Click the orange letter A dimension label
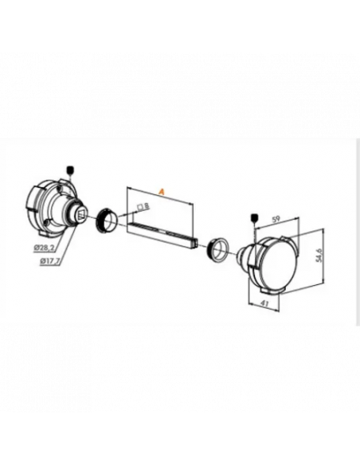coord(161,192)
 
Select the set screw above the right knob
coord(255,217)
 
